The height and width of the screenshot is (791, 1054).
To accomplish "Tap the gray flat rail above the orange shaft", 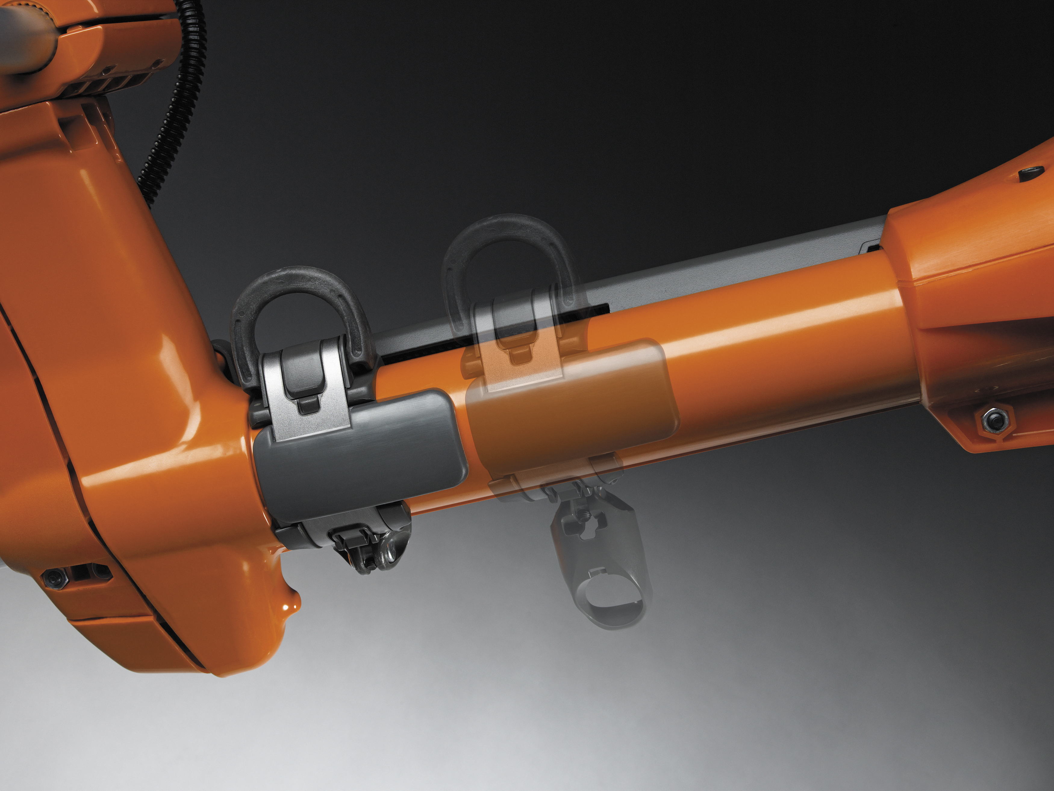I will point(715,272).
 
